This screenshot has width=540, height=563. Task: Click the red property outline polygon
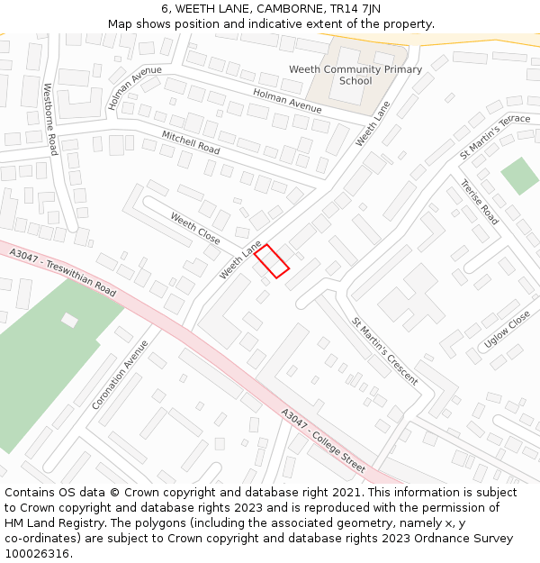tap(271, 261)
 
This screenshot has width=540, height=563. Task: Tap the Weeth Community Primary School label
tap(355, 75)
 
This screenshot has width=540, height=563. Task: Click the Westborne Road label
tap(51, 119)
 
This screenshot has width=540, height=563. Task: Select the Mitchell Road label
tap(191, 141)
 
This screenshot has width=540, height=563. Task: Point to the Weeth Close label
tap(195, 229)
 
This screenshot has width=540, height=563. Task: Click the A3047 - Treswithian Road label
tap(63, 274)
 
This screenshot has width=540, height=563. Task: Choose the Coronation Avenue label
tap(120, 375)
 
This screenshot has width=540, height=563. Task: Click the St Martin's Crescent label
tap(384, 350)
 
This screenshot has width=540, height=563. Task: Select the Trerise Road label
tap(479, 202)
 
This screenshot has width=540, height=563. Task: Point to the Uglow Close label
tap(508, 330)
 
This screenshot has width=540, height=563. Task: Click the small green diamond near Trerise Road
tap(519, 176)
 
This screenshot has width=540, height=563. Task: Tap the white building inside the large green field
tap(69, 320)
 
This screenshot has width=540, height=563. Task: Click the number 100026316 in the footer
tap(38, 554)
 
